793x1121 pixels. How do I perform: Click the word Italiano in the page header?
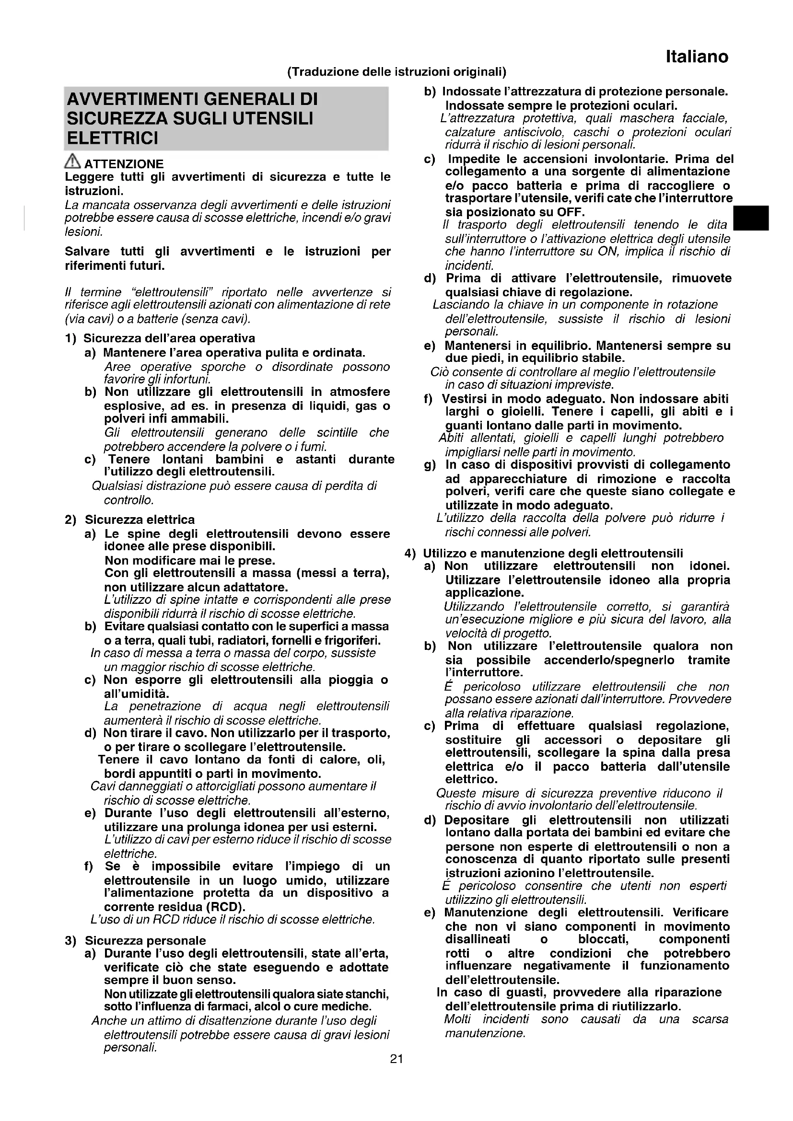[697, 57]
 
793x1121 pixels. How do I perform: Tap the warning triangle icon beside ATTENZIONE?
[73, 161]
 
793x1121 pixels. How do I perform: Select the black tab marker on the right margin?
[751, 218]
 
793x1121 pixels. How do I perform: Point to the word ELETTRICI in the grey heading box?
[112, 139]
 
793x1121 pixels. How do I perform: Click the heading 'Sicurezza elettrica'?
[140, 520]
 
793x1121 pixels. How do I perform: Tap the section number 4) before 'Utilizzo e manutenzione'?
[409, 553]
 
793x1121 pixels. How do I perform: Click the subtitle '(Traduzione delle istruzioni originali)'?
[396, 72]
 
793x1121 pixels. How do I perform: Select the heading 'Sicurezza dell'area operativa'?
[169, 338]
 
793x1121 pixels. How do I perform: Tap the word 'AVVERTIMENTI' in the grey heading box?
[131, 99]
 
